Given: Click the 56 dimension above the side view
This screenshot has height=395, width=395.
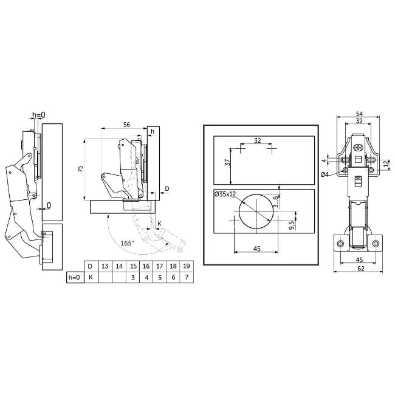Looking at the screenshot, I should pos(127,124).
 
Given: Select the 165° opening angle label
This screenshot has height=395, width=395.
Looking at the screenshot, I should pos(126,242).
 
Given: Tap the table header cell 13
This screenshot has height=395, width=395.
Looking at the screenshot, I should pos(105,266).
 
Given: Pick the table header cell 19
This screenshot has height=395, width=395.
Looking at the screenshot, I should pos(186,266).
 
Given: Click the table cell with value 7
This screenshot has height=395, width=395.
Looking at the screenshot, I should pos(186,278).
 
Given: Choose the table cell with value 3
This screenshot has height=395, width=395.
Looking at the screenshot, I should pos(132,278).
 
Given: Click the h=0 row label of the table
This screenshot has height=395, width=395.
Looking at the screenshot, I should pos(74,278).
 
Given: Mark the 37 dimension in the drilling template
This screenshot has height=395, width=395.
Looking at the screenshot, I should pos(227,163).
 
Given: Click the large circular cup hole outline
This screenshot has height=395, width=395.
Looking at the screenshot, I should pos(255,214).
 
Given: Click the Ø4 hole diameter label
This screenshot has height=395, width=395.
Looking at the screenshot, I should pos(325,175).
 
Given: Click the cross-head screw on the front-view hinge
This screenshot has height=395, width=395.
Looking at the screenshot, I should pos(359,147).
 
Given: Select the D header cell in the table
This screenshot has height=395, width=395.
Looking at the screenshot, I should pos(90,266).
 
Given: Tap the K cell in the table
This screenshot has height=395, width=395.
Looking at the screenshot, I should pos(90,278).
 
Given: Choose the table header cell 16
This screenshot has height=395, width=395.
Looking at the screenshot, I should pos(145,266).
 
